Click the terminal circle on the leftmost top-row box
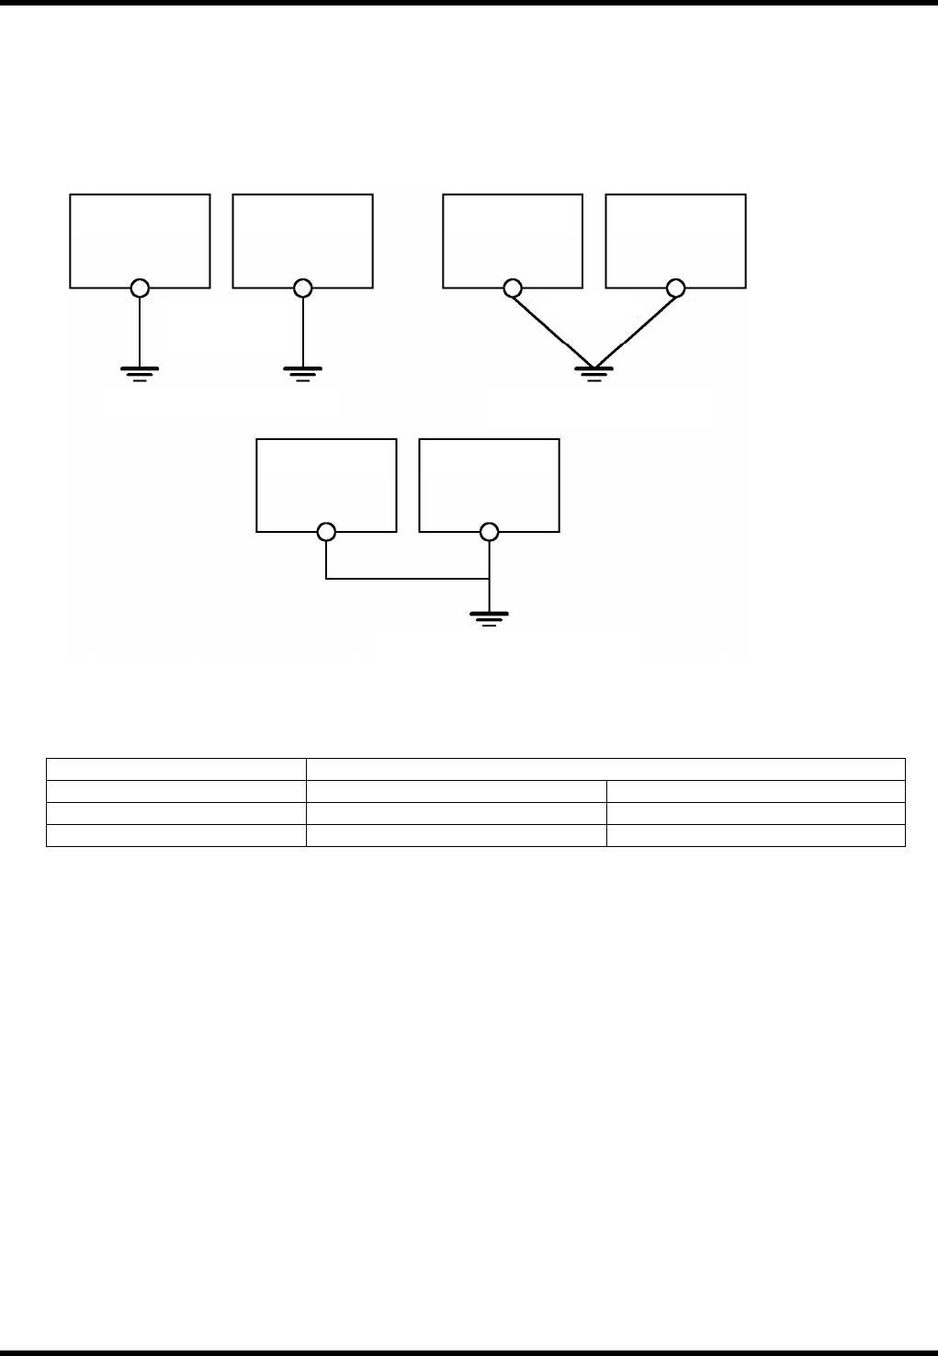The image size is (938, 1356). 140,288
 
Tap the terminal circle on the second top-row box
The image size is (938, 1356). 303,288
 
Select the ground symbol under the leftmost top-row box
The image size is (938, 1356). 140,372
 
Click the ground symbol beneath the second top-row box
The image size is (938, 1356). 303,372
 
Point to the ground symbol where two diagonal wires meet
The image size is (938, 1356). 593,373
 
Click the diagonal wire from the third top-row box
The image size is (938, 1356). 551,328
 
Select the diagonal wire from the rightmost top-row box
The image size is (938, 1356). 636,328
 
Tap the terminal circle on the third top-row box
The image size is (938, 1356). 512,288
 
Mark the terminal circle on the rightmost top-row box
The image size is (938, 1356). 676,288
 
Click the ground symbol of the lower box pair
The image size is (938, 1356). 490,616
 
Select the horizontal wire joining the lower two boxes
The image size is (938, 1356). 407,579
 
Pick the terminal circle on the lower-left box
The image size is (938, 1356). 326,532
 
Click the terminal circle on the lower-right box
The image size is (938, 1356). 490,532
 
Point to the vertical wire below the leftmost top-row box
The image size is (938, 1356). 140,331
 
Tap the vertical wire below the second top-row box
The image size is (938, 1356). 303,331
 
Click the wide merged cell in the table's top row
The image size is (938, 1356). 605,769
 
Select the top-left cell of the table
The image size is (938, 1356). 175,769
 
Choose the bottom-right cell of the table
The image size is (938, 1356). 755,834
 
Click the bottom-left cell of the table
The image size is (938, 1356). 175,834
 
